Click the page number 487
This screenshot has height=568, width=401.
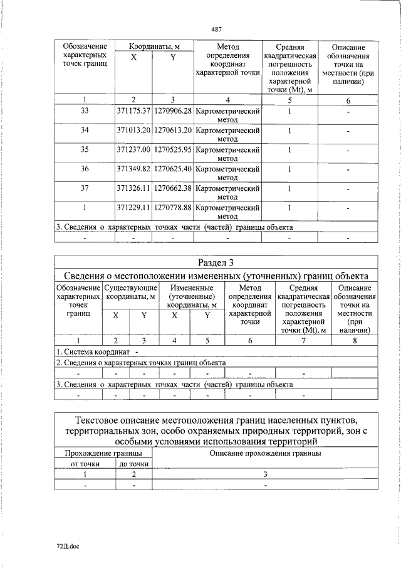pyautogui.click(x=217, y=29)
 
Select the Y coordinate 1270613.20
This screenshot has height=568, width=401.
pyautogui.click(x=172, y=131)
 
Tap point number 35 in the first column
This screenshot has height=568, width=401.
pyautogui.click(x=85, y=150)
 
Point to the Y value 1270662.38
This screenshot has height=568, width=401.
pyautogui.click(x=172, y=188)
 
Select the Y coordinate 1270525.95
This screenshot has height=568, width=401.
pyautogui.click(x=172, y=150)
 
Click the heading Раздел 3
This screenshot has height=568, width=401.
pyautogui.click(x=216, y=262)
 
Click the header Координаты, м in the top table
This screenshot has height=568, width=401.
pyautogui.click(x=154, y=46)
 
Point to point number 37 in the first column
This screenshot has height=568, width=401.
pyautogui.click(x=85, y=188)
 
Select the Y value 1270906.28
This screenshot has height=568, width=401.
pyautogui.click(x=172, y=110)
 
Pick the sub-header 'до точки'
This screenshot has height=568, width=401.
pyautogui.click(x=133, y=464)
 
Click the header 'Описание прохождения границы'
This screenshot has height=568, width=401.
pyautogui.click(x=265, y=453)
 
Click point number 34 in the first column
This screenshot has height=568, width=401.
pyautogui.click(x=85, y=131)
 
